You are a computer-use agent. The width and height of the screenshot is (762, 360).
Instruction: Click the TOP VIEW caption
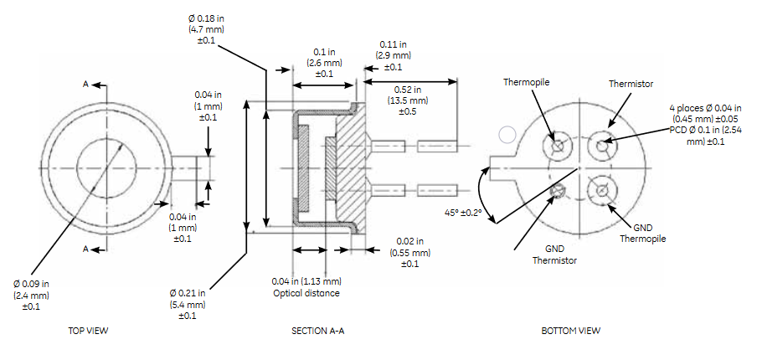(x=88, y=331)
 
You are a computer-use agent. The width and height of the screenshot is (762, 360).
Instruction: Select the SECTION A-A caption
(x=317, y=331)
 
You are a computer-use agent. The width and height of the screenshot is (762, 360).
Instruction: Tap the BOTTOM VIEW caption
(x=570, y=331)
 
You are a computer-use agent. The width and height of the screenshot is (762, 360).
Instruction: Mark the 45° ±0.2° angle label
(x=463, y=213)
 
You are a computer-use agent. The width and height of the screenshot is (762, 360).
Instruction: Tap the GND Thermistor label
(x=555, y=255)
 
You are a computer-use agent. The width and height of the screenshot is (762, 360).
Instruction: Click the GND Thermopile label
(x=643, y=234)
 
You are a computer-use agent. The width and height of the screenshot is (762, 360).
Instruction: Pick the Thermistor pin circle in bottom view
(x=602, y=146)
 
